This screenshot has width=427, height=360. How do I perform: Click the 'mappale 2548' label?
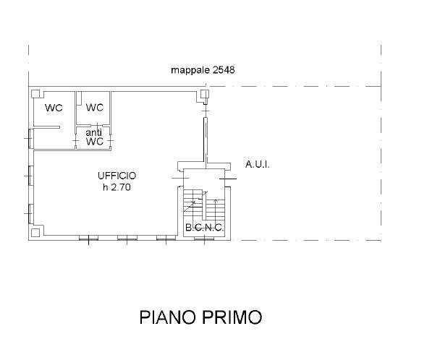click(x=203, y=70)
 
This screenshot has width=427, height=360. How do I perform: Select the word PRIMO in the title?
click(x=235, y=317)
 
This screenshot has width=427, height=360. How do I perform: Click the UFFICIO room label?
click(x=117, y=176)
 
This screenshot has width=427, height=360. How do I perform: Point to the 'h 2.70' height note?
click(x=117, y=187)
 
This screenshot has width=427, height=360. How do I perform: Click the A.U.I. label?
click(x=257, y=165)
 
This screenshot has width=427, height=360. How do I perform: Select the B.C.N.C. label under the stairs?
click(x=204, y=228)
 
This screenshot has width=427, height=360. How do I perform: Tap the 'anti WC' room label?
click(x=95, y=137)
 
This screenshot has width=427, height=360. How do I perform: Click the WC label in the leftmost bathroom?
click(x=54, y=108)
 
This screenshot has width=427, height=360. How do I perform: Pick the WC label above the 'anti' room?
click(x=95, y=108)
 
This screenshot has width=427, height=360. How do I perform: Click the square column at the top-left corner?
click(x=35, y=93)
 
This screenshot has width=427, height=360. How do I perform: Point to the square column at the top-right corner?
click(x=205, y=93)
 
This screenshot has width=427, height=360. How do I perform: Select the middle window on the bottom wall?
click(x=127, y=238)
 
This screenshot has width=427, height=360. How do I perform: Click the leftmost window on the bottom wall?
click(x=88, y=238)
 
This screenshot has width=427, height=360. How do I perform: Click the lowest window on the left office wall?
click(x=30, y=213)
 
